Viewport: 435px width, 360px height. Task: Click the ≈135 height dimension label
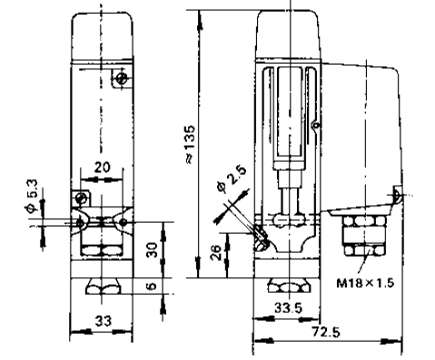tap(190, 145)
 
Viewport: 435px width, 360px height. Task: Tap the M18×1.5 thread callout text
tap(365, 283)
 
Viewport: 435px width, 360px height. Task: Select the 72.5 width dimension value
tap(326, 332)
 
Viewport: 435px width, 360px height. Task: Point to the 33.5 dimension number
tap(288, 308)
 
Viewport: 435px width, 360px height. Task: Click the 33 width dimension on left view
tap(104, 321)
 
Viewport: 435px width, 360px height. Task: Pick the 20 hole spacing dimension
tap(103, 167)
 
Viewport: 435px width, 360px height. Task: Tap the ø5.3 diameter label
tap(32, 195)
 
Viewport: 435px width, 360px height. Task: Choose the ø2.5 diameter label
tap(232, 179)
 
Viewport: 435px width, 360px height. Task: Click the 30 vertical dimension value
tap(153, 249)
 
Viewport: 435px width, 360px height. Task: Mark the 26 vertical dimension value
tap(216, 253)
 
